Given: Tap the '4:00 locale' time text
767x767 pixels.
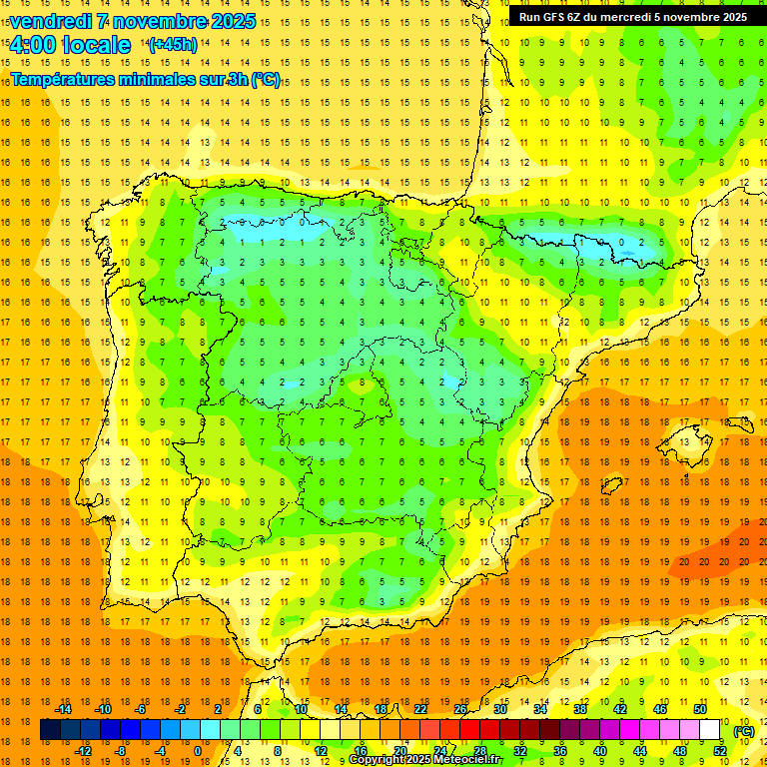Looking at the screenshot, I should pyautogui.click(x=70, y=45).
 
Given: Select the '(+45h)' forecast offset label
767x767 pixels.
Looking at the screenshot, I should pyautogui.click(x=173, y=44).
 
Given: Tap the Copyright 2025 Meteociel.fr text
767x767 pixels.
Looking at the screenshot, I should pyautogui.click(x=424, y=760).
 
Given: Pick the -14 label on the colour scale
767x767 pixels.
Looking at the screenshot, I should pyautogui.click(x=63, y=709).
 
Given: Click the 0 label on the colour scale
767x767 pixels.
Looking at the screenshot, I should pyautogui.click(x=197, y=751).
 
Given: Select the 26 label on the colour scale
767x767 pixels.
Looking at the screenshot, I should pyautogui.click(x=460, y=709).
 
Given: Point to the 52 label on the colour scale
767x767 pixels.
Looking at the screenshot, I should pyautogui.click(x=720, y=751).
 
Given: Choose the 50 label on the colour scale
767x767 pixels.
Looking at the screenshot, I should pyautogui.click(x=700, y=709).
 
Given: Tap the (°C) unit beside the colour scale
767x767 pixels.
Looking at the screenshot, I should pyautogui.click(x=744, y=731).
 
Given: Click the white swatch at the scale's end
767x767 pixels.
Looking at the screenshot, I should pyautogui.click(x=710, y=730).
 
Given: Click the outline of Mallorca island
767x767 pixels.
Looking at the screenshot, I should pyautogui.click(x=690, y=438).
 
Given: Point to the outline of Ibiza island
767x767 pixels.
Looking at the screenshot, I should pyautogui.click(x=609, y=486).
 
